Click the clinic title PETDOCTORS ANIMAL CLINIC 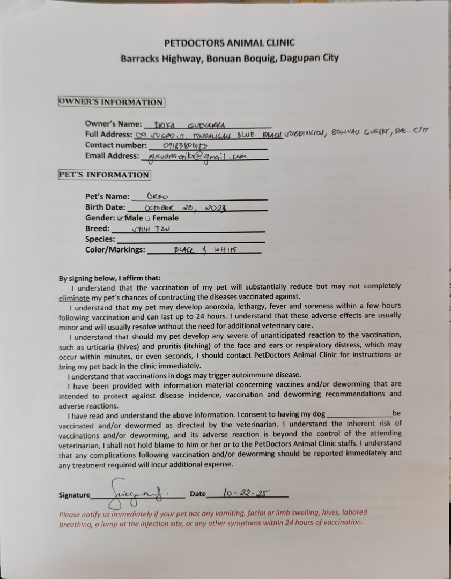click(x=230, y=43)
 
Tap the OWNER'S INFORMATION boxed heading click(x=111, y=102)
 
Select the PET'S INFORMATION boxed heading click(x=104, y=175)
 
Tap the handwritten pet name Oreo click(x=158, y=196)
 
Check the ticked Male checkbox click(x=120, y=218)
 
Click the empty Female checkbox click(x=148, y=218)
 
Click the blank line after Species click(x=190, y=241)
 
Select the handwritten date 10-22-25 click(x=247, y=492)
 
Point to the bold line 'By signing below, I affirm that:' click(x=109, y=278)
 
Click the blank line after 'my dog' click(x=359, y=415)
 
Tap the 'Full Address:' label click(x=108, y=135)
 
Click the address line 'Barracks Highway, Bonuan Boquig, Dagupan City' click(x=230, y=58)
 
